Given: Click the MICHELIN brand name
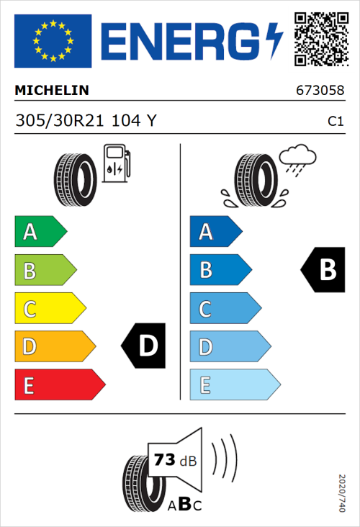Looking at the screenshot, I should (x=52, y=91).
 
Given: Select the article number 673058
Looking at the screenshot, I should (x=319, y=91).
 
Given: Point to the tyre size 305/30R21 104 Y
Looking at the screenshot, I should (x=86, y=122).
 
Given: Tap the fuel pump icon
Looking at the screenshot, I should (x=117, y=163).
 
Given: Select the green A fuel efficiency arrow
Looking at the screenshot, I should (x=40, y=232).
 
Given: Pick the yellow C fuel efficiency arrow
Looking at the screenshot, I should (x=50, y=309).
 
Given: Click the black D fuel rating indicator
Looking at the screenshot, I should (x=144, y=346).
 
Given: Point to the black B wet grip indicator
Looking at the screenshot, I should (x=323, y=270).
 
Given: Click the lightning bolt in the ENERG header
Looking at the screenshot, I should (x=276, y=41).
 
